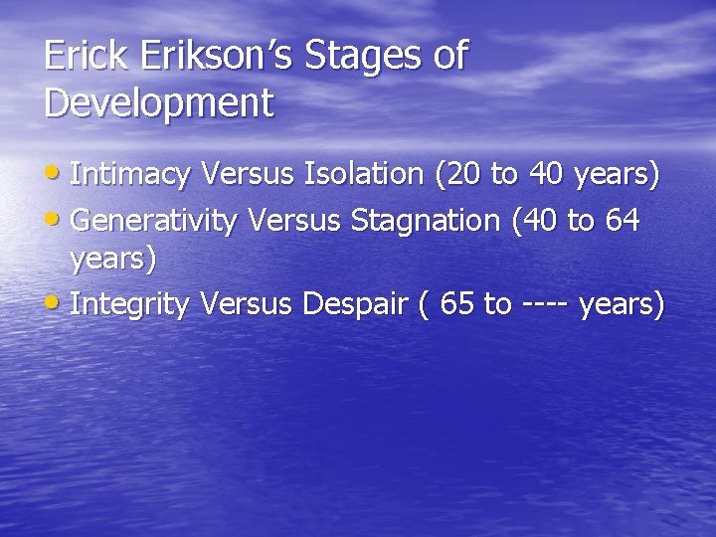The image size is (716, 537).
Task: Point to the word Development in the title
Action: point(158,103)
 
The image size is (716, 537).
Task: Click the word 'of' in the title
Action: point(449,56)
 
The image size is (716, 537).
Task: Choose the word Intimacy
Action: point(130,175)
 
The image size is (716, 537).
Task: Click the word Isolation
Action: point(364,174)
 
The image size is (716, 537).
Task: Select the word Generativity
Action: point(154,220)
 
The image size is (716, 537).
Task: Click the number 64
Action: point(622,219)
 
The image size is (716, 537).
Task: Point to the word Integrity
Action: point(130,305)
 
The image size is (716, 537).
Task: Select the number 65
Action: point(456,304)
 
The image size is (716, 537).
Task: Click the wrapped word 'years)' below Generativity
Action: point(113,261)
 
